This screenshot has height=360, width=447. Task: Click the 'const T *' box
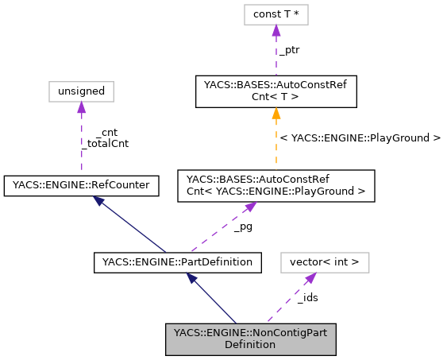pyautogui.click(x=276, y=14)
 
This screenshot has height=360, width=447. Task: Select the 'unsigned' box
pyautogui.click(x=81, y=91)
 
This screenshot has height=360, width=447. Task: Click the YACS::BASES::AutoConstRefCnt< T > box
pyautogui.click(x=276, y=91)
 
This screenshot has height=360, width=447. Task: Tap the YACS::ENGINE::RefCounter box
pyautogui.click(x=81, y=185)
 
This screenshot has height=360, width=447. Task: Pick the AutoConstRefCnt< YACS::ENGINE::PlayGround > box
pyautogui.click(x=276, y=185)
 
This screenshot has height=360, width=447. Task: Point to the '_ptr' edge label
pyautogui.click(x=288, y=49)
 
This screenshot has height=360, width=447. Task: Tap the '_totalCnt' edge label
pyautogui.click(x=105, y=144)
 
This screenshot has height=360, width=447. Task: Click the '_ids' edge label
pyautogui.click(x=307, y=298)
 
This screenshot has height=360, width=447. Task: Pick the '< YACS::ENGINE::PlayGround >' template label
pyautogui.click(x=359, y=137)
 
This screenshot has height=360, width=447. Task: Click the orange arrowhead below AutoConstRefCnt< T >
pyautogui.click(x=276, y=114)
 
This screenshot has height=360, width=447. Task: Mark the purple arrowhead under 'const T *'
pyautogui.click(x=276, y=30)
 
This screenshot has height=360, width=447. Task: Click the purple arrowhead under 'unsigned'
pyautogui.click(x=81, y=107)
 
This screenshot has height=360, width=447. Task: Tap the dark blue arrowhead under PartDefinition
pyautogui.click(x=191, y=277)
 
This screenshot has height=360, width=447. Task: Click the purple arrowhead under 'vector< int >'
pyautogui.click(x=311, y=277)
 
